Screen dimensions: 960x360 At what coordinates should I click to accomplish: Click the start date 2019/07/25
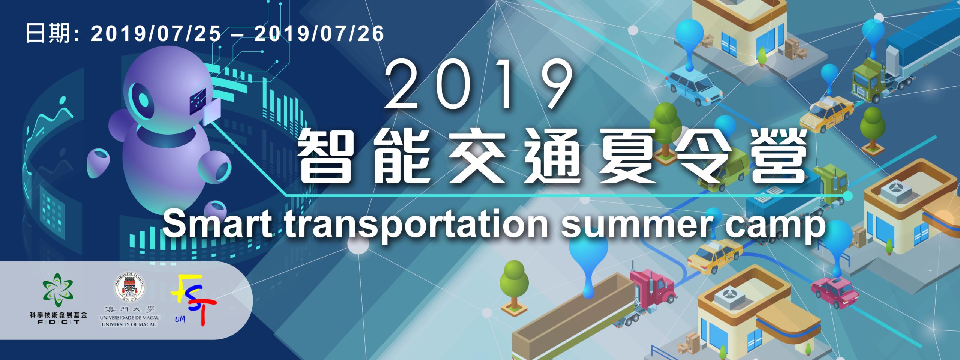[x=156, y=34]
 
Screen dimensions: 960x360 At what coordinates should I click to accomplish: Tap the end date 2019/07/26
[x=319, y=34]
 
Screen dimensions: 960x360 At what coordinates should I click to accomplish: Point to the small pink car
[x=835, y=292]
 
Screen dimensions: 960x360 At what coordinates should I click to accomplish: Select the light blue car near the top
[x=694, y=87]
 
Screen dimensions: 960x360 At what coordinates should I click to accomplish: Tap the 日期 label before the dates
[x=48, y=34]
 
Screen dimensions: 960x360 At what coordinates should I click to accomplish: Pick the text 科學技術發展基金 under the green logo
[x=58, y=315]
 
